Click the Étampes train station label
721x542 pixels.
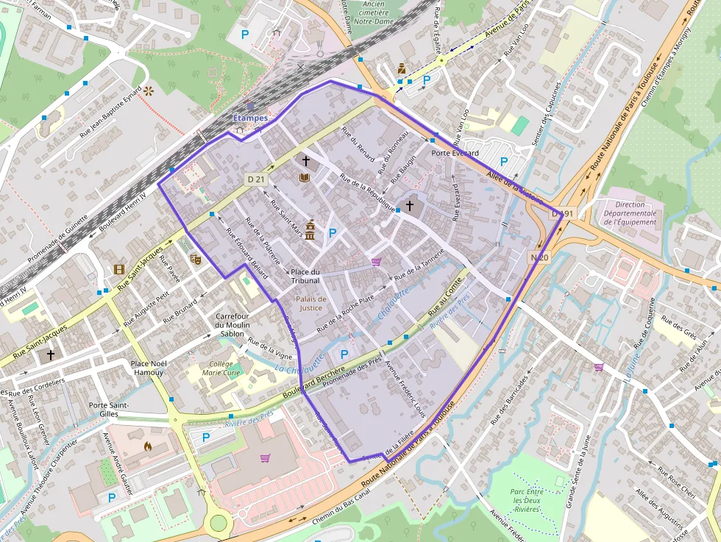(250, 117)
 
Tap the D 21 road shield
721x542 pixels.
(255, 179)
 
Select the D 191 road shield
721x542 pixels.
(561, 214)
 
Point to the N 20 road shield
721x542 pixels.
(539, 257)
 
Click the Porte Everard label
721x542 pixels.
(455, 154)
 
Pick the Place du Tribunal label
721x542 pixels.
(305, 276)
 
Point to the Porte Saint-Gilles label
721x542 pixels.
(109, 410)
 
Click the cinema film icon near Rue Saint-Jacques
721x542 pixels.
(119, 269)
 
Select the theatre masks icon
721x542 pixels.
(195, 259)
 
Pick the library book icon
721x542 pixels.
(304, 177)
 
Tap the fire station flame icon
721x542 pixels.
(147, 446)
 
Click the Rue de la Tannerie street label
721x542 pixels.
(419, 268)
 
